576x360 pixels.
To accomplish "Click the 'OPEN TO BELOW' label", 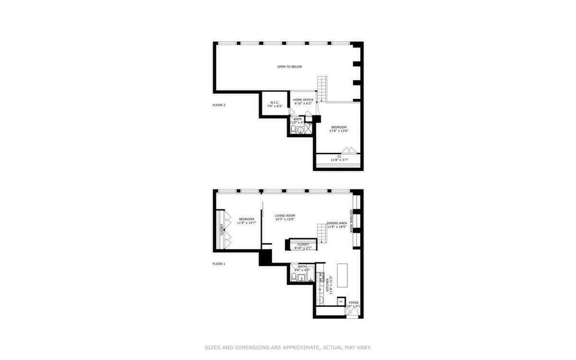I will pos(289,67).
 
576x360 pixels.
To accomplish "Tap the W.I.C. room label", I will pos(275,102).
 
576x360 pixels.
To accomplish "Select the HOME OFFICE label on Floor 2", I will pos(303,100).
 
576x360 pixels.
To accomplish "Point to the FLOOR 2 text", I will pos(219,105).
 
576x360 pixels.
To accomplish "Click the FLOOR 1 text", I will pos(219,264).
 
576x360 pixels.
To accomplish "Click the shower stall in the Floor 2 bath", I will pos(308,128).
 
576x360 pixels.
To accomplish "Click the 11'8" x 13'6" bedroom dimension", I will pos(338,131).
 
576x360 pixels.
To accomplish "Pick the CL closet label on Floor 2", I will pos(339,156).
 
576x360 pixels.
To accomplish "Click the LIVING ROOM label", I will pos(285,216).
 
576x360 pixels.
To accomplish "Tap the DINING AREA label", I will pos(337,223).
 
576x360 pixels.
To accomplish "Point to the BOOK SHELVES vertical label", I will pos(351,221).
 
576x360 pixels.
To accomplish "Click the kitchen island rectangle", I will pos(343,274).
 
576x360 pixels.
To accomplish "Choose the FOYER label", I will pos(354,302).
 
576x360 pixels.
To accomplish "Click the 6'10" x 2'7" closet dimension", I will pos(303,248).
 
